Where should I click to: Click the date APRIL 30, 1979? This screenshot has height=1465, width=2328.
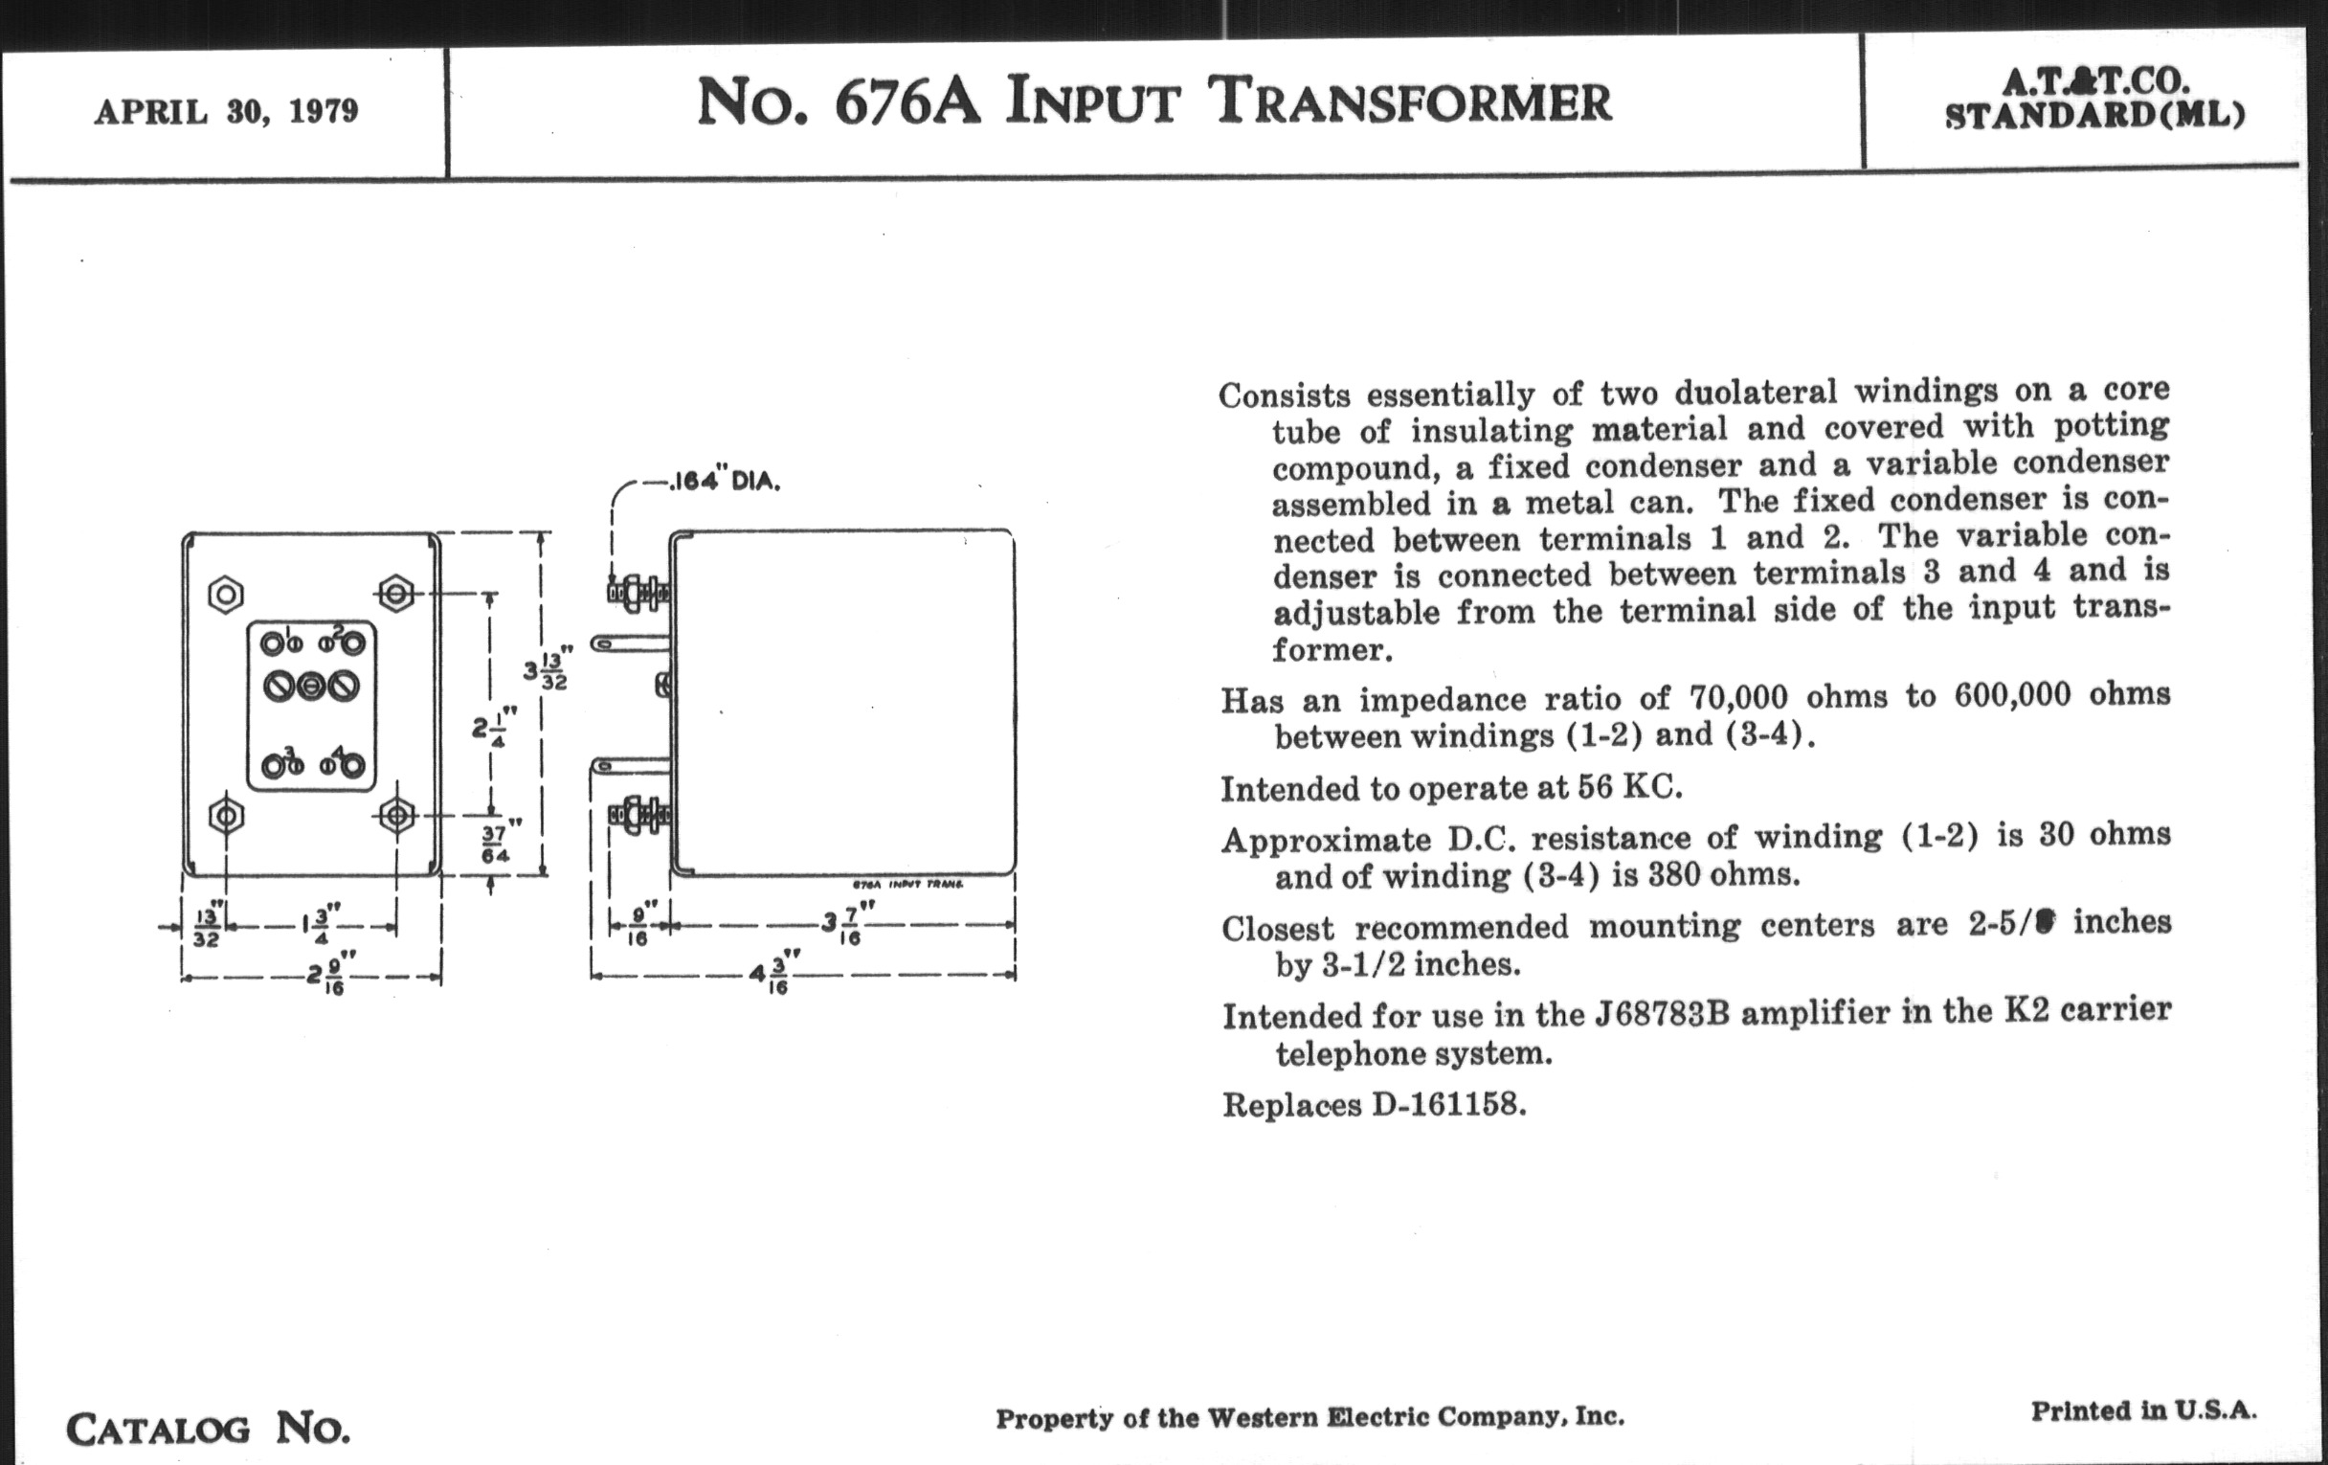226,112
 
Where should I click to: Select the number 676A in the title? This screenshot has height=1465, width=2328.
907,102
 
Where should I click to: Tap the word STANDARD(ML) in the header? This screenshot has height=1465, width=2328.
2094,116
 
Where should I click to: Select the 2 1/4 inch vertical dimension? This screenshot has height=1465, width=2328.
493,727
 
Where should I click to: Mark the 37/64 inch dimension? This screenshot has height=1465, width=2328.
496,844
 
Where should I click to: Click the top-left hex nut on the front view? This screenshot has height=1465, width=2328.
226,594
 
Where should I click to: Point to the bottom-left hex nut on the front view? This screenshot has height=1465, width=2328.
226,816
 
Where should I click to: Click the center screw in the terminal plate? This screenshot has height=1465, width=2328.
310,687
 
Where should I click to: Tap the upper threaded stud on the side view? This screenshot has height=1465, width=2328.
638,592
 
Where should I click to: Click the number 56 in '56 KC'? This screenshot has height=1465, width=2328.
1595,786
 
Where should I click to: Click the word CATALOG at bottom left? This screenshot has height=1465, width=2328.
159,1430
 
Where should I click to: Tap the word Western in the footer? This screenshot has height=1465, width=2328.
1262,1418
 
